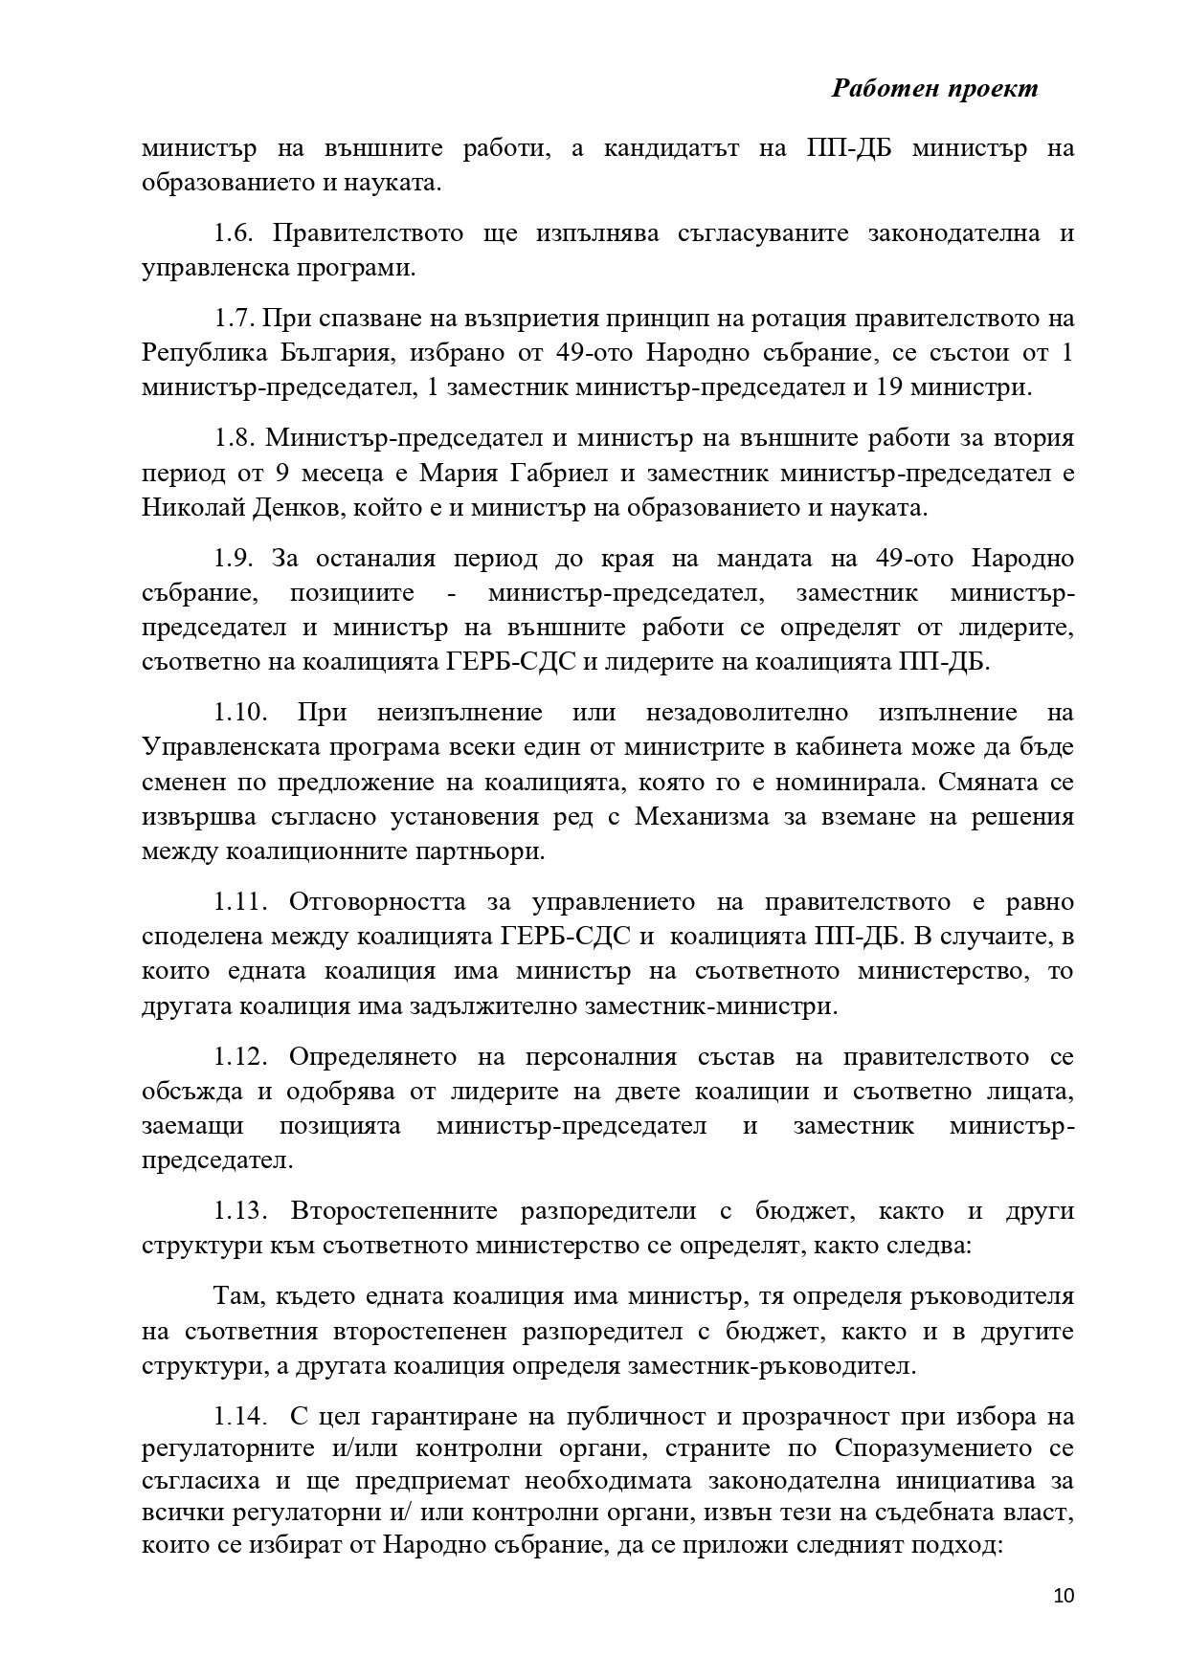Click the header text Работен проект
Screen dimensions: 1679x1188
click(934, 89)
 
